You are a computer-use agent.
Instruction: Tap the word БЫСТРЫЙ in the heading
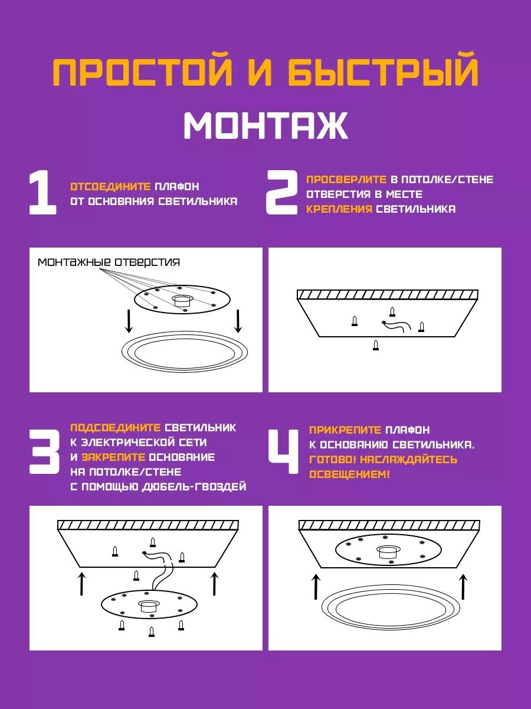coord(383,71)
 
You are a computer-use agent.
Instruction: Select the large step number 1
coord(43,193)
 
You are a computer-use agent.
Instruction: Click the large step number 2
coord(281,193)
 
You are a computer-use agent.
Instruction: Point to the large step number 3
coord(44,451)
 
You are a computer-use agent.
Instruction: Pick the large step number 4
coord(284,451)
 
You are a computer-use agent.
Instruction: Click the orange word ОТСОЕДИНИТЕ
coord(110,186)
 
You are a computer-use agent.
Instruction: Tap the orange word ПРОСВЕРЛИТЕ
coord(346,179)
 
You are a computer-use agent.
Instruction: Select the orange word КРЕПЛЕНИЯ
coord(339,209)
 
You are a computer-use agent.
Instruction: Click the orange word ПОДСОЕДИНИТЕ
coord(115,428)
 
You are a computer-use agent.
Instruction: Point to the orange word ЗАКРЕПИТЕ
coord(113,457)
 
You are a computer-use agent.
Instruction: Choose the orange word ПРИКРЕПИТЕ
coord(345,430)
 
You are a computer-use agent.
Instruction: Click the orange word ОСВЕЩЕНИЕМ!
coord(349,474)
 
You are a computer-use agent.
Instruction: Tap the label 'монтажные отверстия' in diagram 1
coord(109,262)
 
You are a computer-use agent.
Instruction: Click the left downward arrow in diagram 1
coord(129,321)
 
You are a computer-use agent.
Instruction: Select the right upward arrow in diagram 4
coord(463,586)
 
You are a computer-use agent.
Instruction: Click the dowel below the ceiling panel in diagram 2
coord(376,345)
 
